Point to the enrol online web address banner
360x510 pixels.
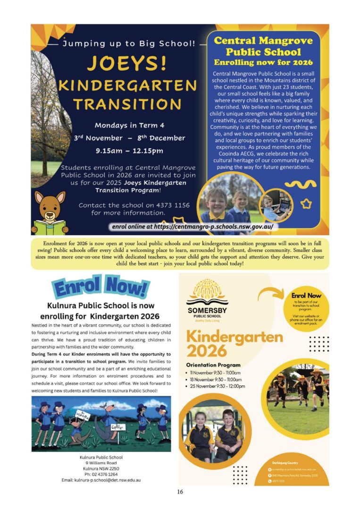[193, 227]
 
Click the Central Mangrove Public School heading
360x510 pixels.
[263, 46]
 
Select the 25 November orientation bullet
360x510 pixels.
[218, 386]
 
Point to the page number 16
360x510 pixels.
[180, 492]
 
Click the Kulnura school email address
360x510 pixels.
[101, 480]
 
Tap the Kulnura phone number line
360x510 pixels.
[101, 474]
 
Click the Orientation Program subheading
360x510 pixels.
[213, 365]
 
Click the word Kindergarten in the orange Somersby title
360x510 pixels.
[234, 337]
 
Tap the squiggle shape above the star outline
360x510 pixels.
[303, 185]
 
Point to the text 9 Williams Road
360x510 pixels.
[101, 463]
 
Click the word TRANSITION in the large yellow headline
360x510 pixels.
[127, 104]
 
